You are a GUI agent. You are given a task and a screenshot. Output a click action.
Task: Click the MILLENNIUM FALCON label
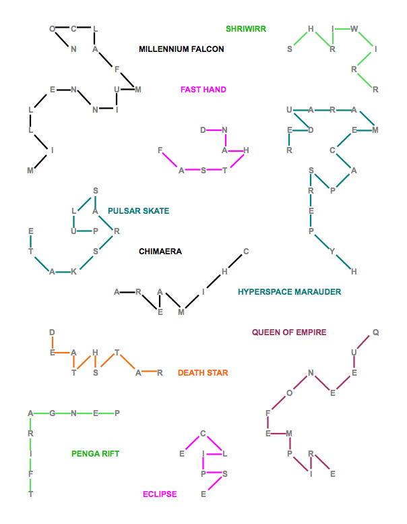click(181, 49)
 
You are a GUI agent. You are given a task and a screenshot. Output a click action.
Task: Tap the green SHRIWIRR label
click(246, 29)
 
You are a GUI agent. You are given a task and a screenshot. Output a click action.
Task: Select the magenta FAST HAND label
click(204, 90)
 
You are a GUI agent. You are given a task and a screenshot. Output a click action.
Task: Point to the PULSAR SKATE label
click(138, 211)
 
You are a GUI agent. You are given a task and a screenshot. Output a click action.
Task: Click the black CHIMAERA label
click(160, 252)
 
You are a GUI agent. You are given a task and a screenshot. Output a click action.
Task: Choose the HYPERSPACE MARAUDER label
click(289, 292)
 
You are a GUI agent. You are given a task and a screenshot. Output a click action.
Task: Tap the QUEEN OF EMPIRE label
click(289, 332)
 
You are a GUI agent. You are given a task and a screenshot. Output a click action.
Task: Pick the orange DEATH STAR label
click(203, 373)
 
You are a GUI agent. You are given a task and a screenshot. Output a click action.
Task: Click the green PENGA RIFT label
click(95, 454)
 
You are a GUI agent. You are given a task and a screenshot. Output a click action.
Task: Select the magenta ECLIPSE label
click(160, 494)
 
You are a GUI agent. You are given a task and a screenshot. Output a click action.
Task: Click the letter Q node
click(375, 332)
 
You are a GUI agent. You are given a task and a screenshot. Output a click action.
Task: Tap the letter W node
click(354, 29)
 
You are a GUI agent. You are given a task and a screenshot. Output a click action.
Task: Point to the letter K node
click(74, 272)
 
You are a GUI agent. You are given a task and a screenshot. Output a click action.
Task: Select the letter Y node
click(332, 252)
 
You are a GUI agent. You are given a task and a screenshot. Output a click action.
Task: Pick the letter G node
click(52, 413)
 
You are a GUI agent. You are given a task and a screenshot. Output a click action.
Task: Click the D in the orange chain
click(52, 332)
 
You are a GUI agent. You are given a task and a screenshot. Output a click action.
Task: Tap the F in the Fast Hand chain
click(160, 150)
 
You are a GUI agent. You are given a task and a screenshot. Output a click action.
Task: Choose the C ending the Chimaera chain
click(246, 252)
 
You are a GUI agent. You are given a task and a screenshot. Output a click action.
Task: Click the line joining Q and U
click(365, 343)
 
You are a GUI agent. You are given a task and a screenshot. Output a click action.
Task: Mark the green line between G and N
click(63, 413)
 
